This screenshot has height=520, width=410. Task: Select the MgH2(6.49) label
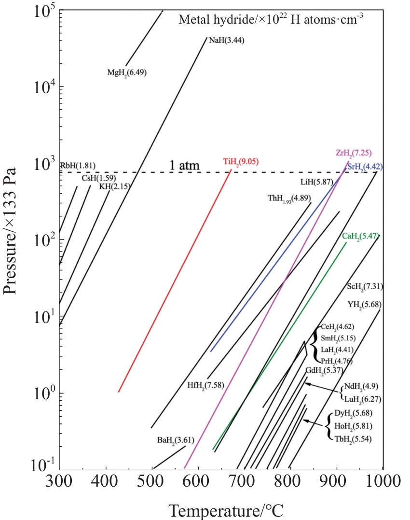[127, 73]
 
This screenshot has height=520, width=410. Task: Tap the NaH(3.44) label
[227, 41]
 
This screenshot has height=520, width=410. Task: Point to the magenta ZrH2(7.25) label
[354, 153]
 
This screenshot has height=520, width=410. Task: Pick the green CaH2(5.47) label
[360, 237]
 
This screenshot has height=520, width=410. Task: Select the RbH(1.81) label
[78, 166]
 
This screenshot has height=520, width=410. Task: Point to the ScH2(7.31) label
[365, 287]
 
